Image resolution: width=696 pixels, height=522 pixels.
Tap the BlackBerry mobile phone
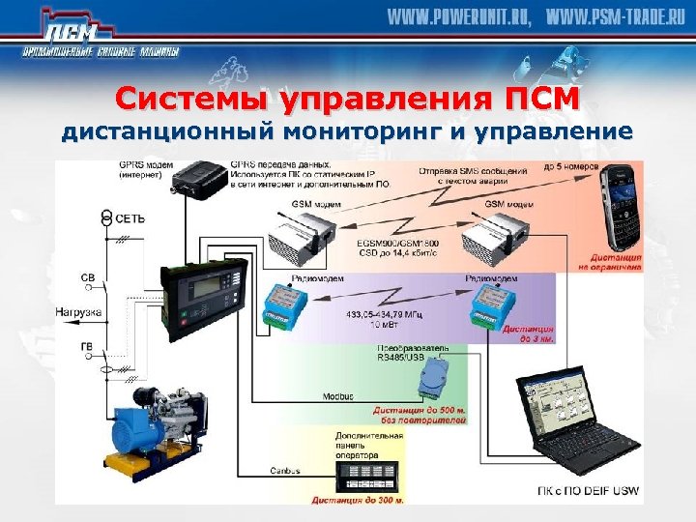616,207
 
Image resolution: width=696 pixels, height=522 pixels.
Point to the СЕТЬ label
130,218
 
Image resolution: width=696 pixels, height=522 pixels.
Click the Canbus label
287,471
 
